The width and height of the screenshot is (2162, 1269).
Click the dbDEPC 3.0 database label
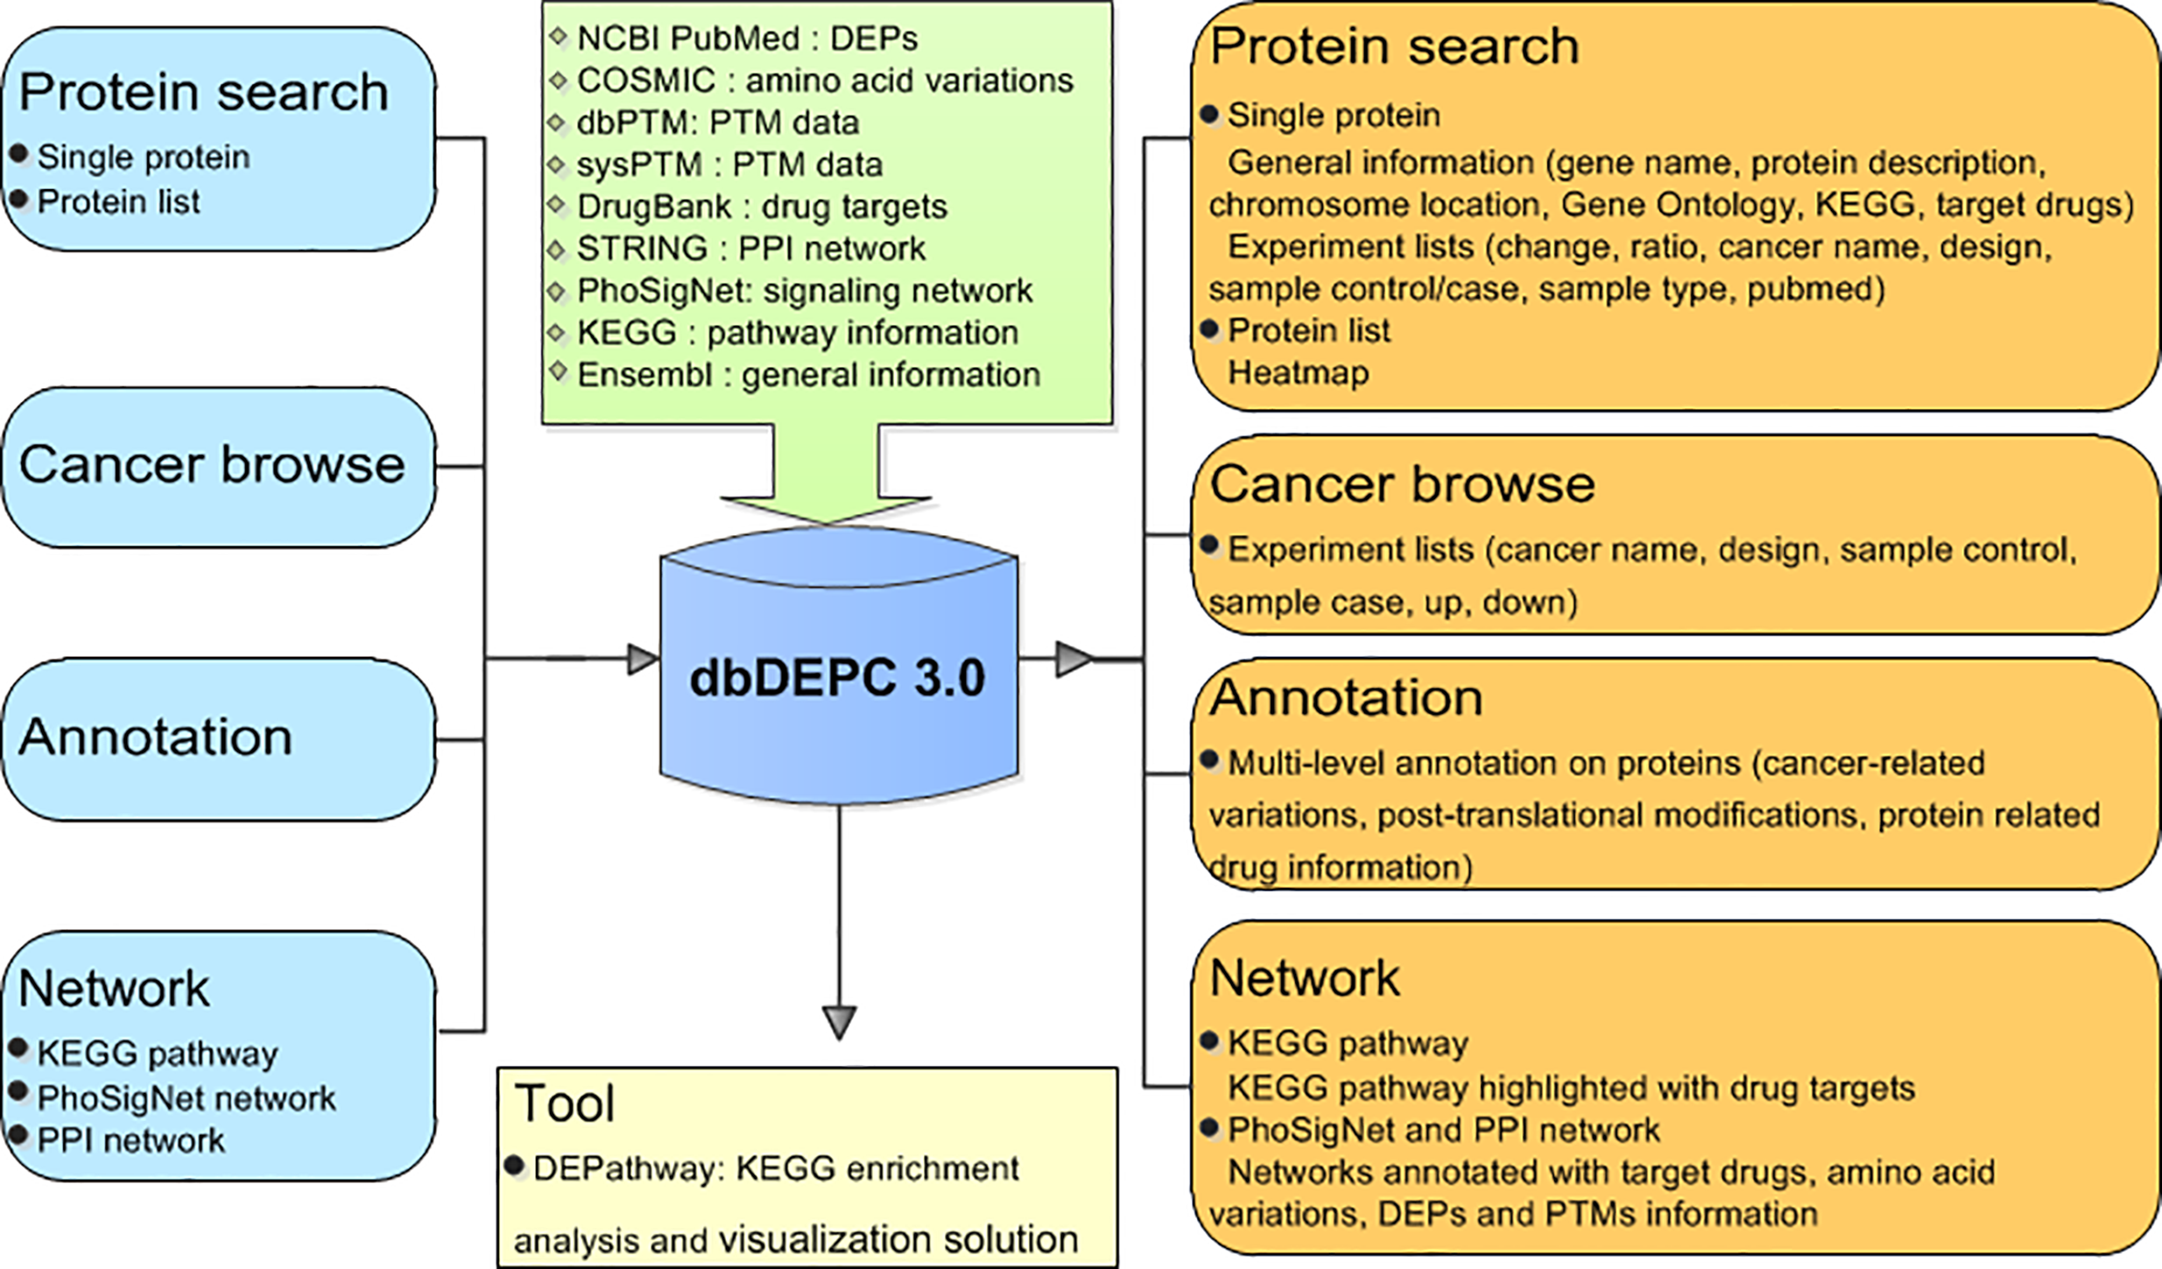point(838,677)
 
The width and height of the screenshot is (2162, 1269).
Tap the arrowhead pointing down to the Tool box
point(840,1023)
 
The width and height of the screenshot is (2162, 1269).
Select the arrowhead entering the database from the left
point(644,659)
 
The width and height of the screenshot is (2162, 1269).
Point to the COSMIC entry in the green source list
point(825,81)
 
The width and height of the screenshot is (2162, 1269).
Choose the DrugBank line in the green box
point(762,207)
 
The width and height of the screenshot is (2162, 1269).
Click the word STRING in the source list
point(642,249)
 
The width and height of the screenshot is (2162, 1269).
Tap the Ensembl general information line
point(808,375)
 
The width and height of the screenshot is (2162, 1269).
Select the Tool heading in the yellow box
point(565,1103)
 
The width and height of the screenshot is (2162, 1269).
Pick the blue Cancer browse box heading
point(212,463)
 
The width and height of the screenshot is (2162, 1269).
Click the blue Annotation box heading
point(156,737)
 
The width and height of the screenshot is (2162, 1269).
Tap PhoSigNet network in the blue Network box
point(187,1098)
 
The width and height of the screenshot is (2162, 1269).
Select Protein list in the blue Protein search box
point(119,201)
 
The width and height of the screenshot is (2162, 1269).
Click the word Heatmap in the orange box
point(1299,373)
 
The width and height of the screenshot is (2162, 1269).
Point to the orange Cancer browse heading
point(1403,483)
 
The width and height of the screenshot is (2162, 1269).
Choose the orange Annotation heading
point(1347,698)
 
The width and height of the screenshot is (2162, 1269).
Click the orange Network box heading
point(1305,977)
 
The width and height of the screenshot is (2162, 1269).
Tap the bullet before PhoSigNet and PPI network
point(1210,1128)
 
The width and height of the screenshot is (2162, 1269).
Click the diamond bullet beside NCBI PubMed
point(559,37)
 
